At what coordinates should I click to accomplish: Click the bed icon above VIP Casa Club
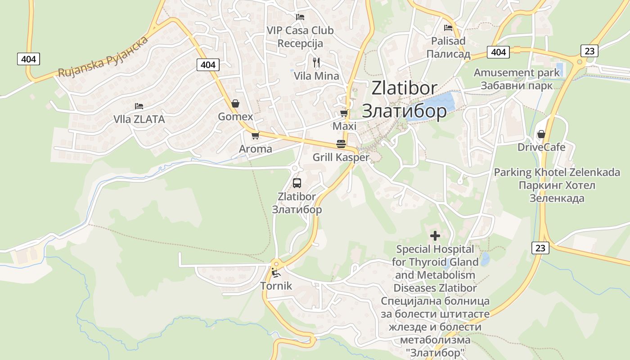coord(300,17)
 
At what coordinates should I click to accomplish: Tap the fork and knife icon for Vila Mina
coord(316,62)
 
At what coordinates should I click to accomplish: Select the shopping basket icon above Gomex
coord(235,103)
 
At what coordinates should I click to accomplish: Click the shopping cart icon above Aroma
coord(255,135)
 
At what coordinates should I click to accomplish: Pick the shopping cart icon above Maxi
coord(344,113)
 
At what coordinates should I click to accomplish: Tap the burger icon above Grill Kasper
coord(341,144)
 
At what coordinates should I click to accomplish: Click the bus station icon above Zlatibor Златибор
coord(297,183)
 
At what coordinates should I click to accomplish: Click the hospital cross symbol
coord(435,235)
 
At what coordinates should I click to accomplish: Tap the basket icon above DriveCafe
coord(541,134)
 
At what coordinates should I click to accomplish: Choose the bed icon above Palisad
coord(448,28)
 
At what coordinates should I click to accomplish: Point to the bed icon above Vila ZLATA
coord(139,106)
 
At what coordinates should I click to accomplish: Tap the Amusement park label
coord(517,73)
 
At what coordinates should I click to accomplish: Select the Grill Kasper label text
coord(341,157)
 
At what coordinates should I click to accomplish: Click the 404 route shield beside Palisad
coord(499,52)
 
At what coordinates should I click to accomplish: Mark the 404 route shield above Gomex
coord(208,65)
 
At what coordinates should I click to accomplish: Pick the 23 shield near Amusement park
coord(589,51)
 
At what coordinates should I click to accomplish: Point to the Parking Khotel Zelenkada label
coord(557,173)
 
